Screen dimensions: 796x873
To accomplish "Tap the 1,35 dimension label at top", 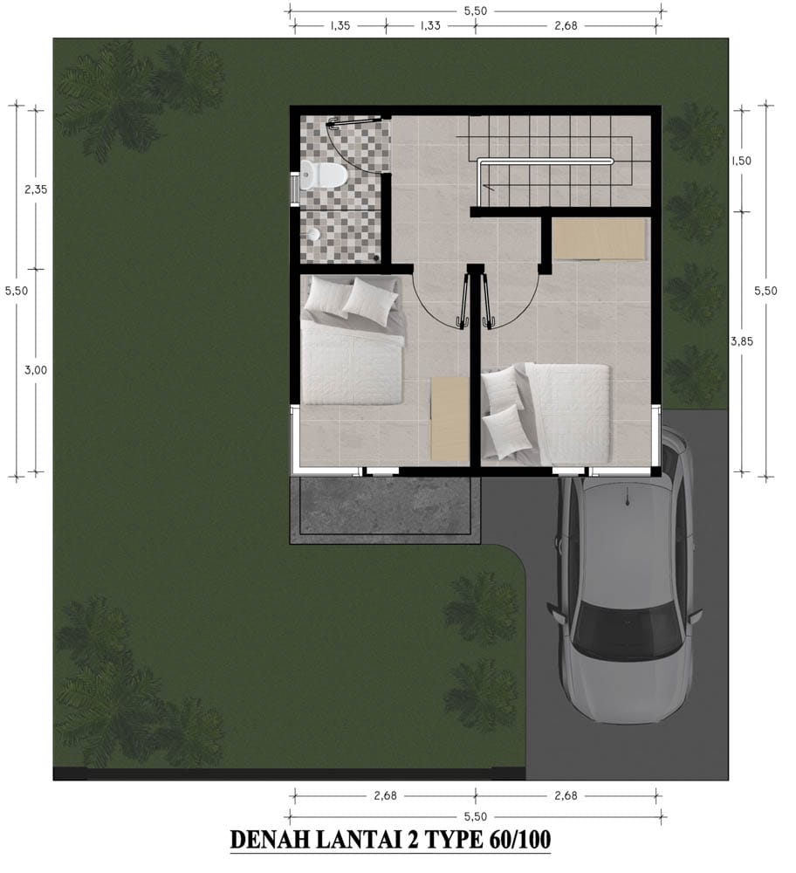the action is click(340, 25).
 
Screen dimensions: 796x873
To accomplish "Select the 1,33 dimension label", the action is click(430, 25).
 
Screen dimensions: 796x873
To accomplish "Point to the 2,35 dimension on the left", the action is click(36, 189).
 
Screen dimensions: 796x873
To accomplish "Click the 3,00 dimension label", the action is click(36, 370).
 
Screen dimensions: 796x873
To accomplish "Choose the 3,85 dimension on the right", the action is click(742, 341).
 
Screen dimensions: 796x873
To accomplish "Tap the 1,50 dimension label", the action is click(741, 161).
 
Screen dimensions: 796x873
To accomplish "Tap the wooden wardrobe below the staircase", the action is click(599, 239).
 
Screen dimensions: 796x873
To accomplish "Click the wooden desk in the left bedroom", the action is click(450, 419).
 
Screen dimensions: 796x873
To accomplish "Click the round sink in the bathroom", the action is click(314, 234).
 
